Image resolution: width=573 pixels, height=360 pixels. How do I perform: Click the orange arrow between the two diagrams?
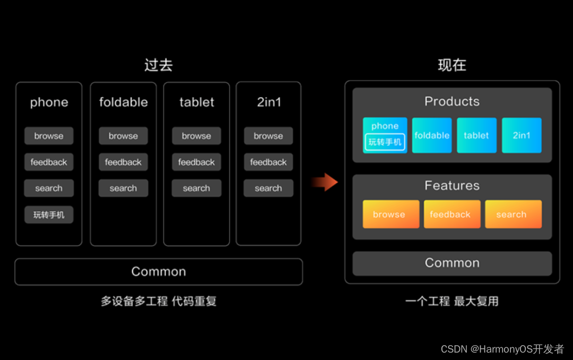point(325,183)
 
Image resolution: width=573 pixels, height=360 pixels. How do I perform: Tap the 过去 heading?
point(158,65)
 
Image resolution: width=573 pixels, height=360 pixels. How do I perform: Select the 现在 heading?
point(452,65)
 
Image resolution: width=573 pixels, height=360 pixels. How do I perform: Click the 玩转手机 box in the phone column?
point(49,215)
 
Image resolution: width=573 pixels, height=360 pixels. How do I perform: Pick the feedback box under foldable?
point(123,162)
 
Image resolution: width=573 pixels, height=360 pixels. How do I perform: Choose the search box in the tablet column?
point(196,188)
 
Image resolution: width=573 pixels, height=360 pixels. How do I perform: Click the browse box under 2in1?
point(268,136)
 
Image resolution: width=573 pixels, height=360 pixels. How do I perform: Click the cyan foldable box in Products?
point(432,135)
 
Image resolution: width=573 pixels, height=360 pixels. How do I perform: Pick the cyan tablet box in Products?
point(476,135)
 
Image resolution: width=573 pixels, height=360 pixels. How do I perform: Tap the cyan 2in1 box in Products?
point(522,135)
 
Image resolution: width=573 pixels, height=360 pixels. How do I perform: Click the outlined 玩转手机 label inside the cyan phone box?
point(385,142)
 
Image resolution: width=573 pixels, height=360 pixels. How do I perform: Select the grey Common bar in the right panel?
point(452,263)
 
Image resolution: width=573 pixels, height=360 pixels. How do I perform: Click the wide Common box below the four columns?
point(159,272)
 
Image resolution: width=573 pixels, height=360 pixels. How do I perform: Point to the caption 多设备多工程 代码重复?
point(159,302)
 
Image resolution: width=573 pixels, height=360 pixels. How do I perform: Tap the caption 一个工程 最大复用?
point(452,302)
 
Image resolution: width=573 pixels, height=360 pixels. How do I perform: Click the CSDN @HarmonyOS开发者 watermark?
point(502,349)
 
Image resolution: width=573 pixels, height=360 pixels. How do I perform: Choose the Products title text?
point(452,101)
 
